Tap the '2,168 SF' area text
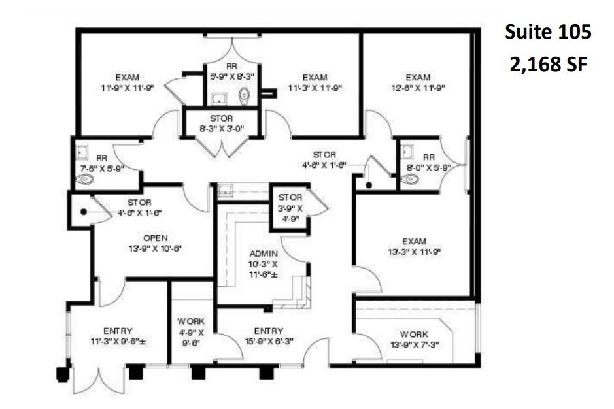pyautogui.click(x=548, y=65)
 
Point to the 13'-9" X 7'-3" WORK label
pyautogui.click(x=415, y=340)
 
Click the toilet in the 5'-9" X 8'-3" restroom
pyautogui.click(x=245, y=96)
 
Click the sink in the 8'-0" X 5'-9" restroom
pyautogui.click(x=407, y=152)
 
